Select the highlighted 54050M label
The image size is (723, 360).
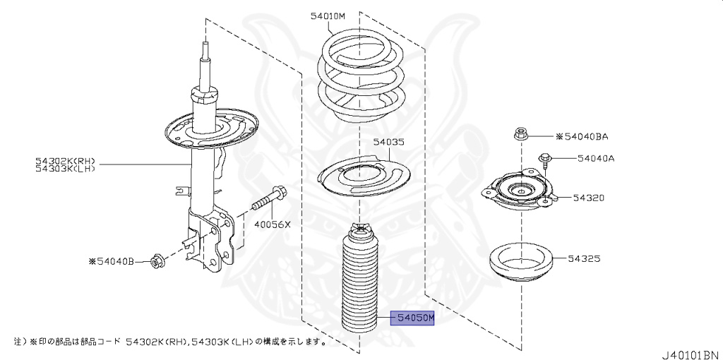pyautogui.click(x=414, y=320)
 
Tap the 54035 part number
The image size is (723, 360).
pyautogui.click(x=389, y=142)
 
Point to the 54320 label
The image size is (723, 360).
pyautogui.click(x=588, y=198)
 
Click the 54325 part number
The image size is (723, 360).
pyautogui.click(x=584, y=259)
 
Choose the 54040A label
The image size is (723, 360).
pyautogui.click(x=596, y=158)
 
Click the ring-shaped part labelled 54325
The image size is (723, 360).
pyautogui.click(x=520, y=262)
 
